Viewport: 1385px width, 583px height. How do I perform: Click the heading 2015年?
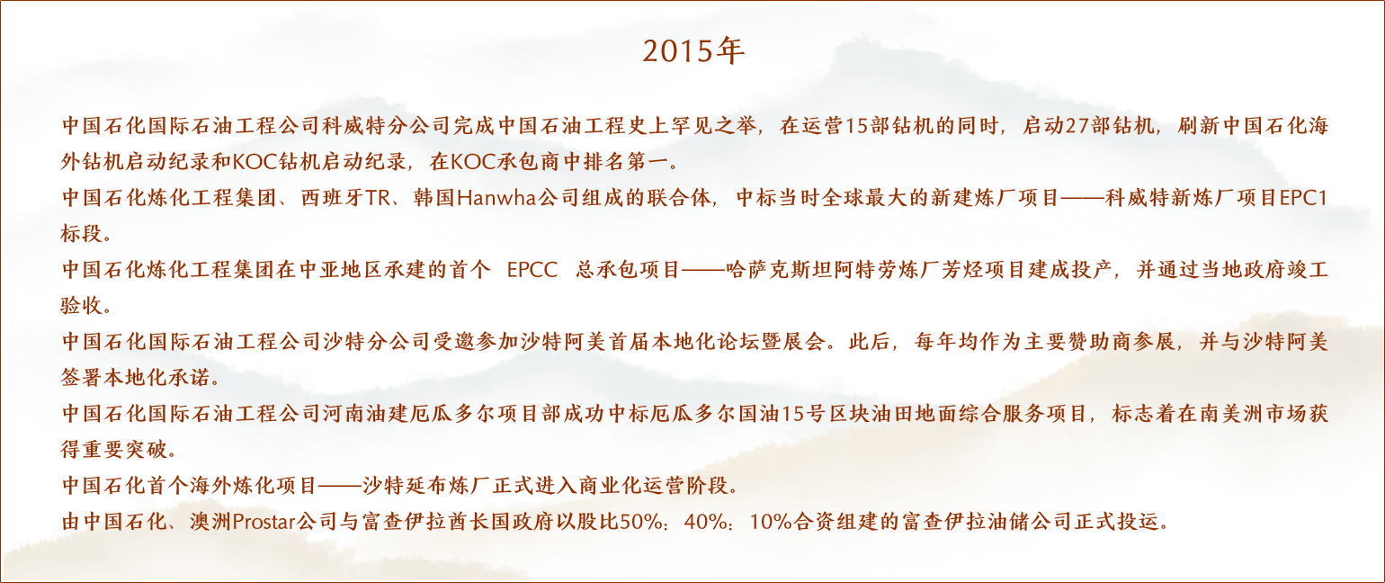pos(693,50)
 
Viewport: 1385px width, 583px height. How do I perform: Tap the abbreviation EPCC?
pos(532,270)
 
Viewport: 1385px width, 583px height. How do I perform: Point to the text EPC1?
pos(1303,198)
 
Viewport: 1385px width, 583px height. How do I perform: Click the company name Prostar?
pos(264,522)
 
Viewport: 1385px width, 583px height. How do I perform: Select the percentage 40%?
pos(707,522)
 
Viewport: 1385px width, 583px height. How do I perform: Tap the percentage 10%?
pos(771,522)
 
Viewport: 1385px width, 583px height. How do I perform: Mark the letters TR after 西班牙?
pos(377,198)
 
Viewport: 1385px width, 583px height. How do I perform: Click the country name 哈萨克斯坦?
pos(780,270)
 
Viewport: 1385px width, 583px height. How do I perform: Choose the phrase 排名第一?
pos(626,162)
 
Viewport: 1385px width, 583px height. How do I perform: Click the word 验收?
pos(82,305)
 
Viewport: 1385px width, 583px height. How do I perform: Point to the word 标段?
pos(82,234)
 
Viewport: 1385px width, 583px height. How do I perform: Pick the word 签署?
pos(82,377)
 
